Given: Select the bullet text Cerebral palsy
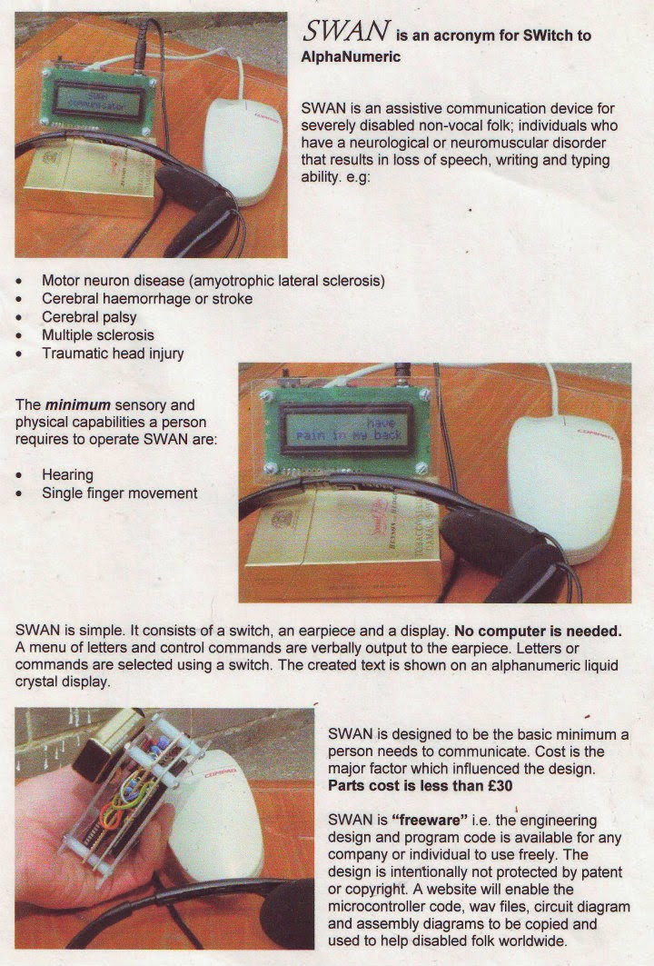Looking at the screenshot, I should [x=89, y=317].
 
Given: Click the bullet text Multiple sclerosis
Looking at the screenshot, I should [x=98, y=335].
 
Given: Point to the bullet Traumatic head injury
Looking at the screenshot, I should [x=113, y=354].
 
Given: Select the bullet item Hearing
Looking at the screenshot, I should [x=67, y=474].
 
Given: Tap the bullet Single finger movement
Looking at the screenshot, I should [x=119, y=493].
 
